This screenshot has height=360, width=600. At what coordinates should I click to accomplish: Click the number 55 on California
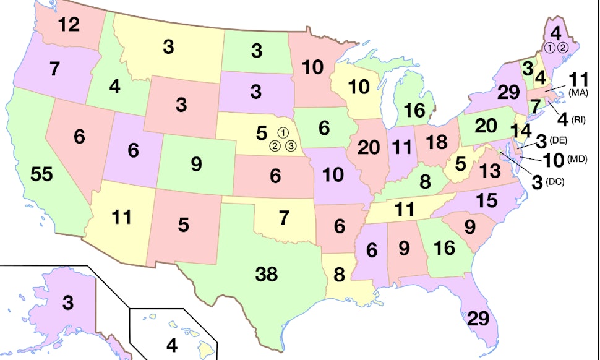coord(42,175)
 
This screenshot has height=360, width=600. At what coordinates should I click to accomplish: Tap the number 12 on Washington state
coord(69,25)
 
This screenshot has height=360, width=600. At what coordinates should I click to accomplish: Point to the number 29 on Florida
coord(477,319)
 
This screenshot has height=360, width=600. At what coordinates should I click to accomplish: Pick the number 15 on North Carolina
coord(488,200)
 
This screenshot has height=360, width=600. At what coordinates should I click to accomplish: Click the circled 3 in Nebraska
coord(291,147)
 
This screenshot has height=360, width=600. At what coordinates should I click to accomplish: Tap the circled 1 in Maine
coord(550,48)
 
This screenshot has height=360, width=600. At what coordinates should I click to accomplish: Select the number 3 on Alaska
coord(67,303)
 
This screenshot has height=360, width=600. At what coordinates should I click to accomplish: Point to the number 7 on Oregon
coord(54,69)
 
